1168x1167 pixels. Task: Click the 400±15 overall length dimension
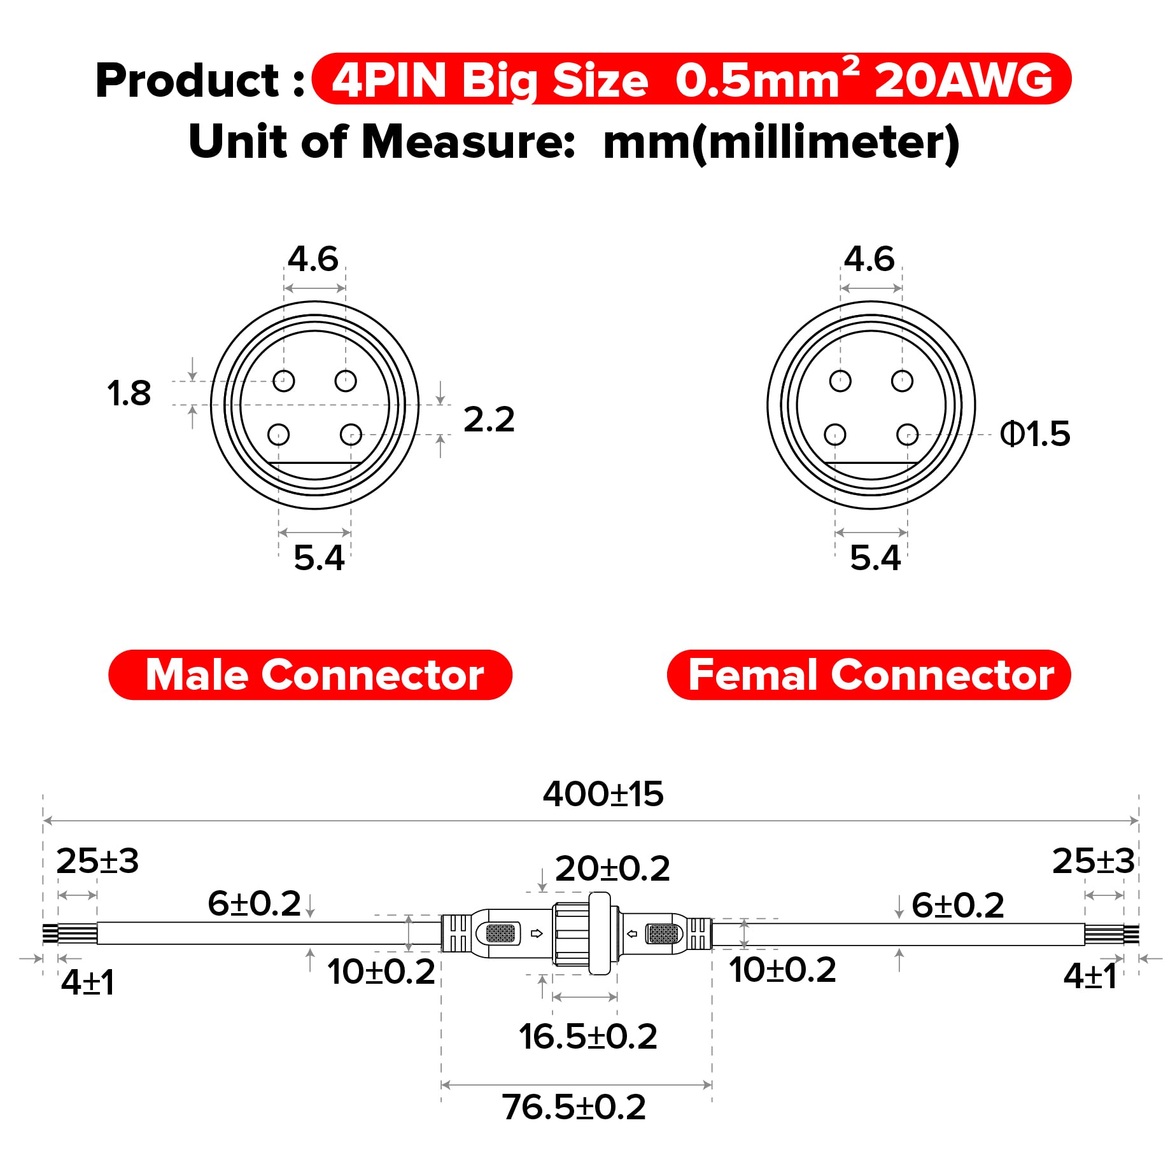pyautogui.click(x=603, y=794)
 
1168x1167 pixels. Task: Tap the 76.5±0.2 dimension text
pyautogui.click(x=573, y=1107)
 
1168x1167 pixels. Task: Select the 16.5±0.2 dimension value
pyautogui.click(x=588, y=1037)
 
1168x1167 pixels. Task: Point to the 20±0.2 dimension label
pyautogui.click(x=612, y=869)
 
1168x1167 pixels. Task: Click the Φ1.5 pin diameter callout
pyautogui.click(x=1035, y=434)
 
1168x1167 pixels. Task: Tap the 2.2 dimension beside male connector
pyautogui.click(x=488, y=419)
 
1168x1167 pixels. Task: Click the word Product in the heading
pyautogui.click(x=188, y=81)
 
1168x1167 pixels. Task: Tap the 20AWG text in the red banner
pyautogui.click(x=963, y=81)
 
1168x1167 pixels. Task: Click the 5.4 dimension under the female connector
pyautogui.click(x=875, y=558)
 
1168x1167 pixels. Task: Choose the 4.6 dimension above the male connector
pyautogui.click(x=313, y=259)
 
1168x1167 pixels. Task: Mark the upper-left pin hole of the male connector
pyautogui.click(x=284, y=381)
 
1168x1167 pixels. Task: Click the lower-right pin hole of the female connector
pyautogui.click(x=907, y=435)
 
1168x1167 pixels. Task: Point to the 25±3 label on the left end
pyautogui.click(x=97, y=861)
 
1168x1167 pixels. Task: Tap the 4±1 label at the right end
pyautogui.click(x=1090, y=976)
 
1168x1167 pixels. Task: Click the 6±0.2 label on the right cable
pyautogui.click(x=957, y=905)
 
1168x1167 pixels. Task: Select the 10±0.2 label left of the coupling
pyautogui.click(x=381, y=972)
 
